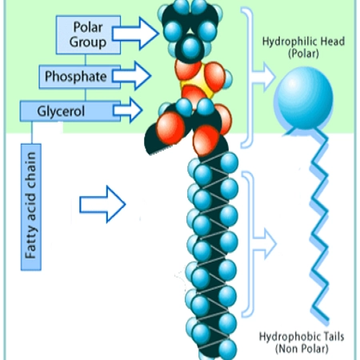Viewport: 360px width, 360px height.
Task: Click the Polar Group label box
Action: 88,34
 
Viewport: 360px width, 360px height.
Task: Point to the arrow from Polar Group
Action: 135,34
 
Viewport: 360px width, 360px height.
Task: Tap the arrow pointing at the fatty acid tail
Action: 102,204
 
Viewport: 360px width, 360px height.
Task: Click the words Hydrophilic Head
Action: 303,42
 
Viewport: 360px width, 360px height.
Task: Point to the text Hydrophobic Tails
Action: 302,337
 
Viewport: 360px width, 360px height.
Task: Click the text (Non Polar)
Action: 302,349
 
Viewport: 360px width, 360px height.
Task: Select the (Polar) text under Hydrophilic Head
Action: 303,54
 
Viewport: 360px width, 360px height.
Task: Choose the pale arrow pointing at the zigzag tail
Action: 265,244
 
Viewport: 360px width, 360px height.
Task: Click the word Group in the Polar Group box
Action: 88,42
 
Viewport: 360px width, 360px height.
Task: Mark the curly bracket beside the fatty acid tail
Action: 247,244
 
